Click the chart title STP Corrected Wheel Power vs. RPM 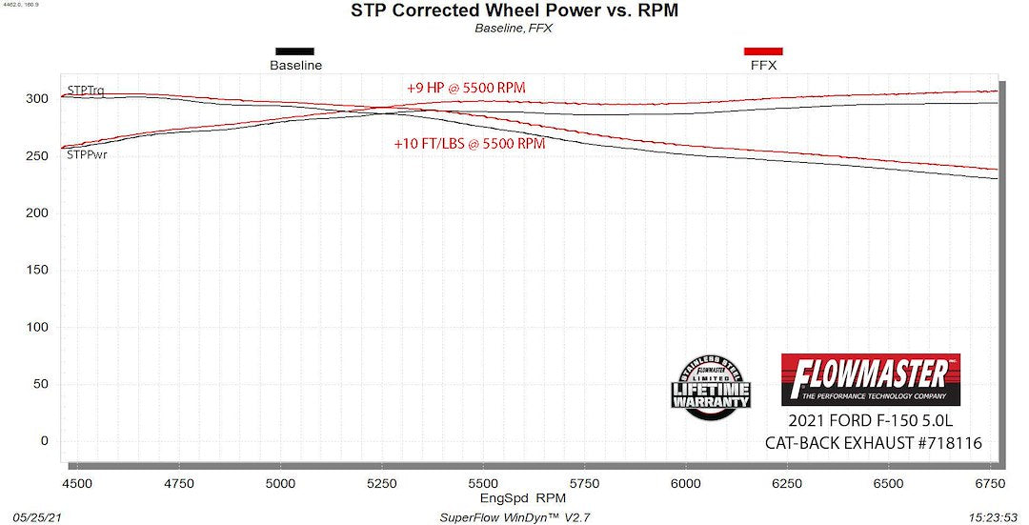[x=514, y=10]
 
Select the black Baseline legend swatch [x=294, y=51]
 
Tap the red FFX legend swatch [x=763, y=51]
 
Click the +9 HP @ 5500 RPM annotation [x=466, y=88]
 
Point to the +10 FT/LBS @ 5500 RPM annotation [x=470, y=144]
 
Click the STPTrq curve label [x=86, y=90]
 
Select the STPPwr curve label [x=87, y=155]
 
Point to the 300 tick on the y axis [x=37, y=98]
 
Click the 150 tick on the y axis [x=37, y=270]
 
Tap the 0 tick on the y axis [x=45, y=441]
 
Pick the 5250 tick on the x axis [x=382, y=484]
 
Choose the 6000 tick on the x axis [x=686, y=484]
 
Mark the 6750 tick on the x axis [x=990, y=484]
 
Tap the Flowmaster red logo [x=871, y=380]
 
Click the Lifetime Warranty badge [x=711, y=388]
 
